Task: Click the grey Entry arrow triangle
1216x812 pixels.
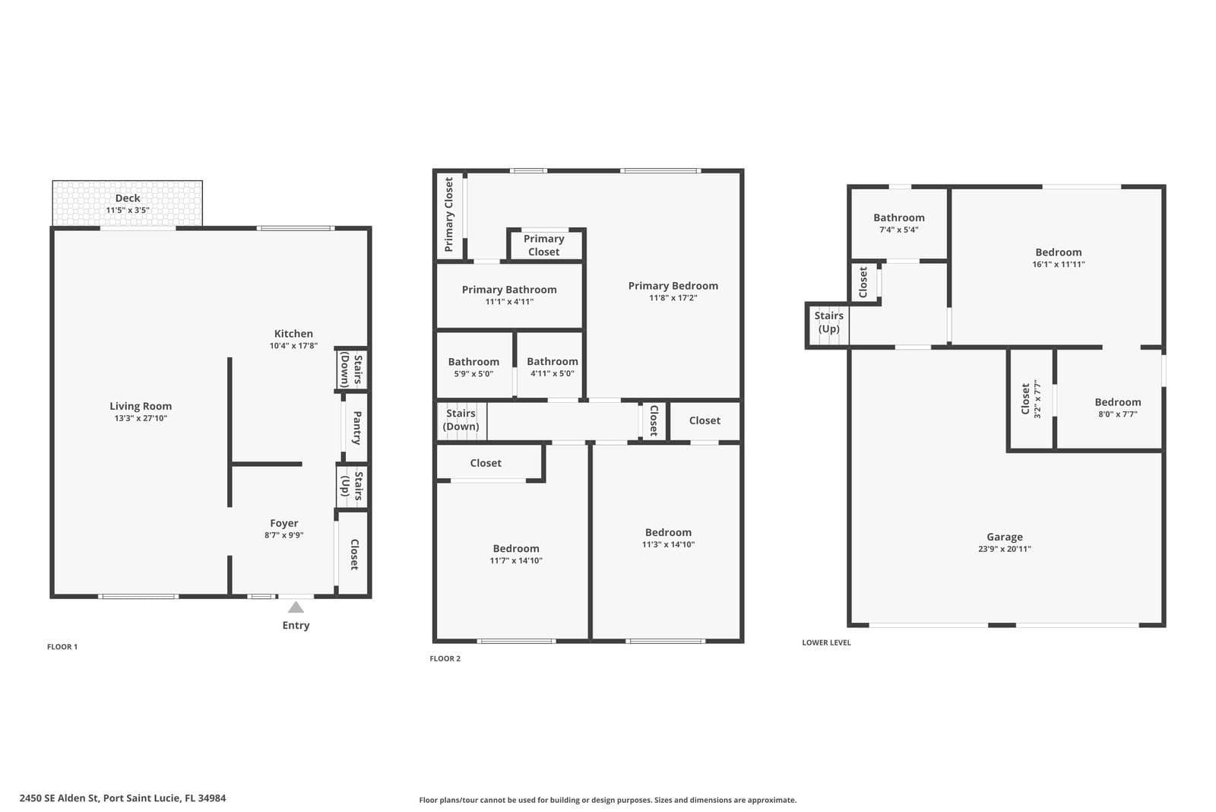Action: pos(296,607)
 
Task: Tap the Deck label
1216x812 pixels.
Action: pos(128,198)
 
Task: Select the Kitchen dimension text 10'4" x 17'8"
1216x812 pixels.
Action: pos(293,345)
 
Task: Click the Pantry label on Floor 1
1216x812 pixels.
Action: pos(356,428)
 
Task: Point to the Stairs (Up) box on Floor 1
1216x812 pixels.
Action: pos(352,486)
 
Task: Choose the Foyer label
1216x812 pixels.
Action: pos(284,523)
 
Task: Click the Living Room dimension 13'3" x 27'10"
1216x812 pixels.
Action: pos(141,418)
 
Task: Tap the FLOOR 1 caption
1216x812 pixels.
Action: pos(62,646)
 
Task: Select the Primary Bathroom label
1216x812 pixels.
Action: pos(509,290)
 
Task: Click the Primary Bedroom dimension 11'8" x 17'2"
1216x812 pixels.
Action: pos(673,297)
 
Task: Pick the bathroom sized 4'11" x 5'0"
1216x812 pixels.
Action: pos(551,366)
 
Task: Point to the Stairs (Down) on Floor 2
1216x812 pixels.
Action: pos(461,420)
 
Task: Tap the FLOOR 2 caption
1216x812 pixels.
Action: pos(445,658)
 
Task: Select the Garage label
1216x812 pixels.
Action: pos(1005,537)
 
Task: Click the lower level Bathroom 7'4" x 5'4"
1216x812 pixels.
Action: pos(899,223)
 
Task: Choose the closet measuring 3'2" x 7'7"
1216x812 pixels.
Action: pos(1031,399)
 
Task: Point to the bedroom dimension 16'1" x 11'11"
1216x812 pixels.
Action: pos(1059,265)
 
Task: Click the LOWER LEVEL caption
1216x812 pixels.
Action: pos(827,642)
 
